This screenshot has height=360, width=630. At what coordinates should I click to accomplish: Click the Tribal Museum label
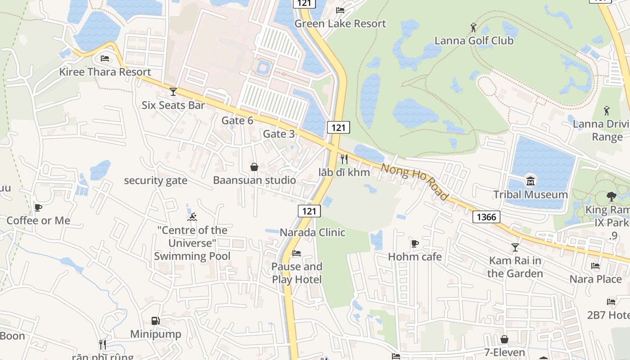tap(531, 194)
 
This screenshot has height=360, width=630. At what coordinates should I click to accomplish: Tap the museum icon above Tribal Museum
tap(531, 182)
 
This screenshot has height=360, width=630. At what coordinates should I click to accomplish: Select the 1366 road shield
tap(486, 217)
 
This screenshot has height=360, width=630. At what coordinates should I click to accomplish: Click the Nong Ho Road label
tap(414, 181)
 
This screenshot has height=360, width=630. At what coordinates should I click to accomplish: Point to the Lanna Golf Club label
tap(473, 40)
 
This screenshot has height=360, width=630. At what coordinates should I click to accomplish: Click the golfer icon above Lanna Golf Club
tap(473, 28)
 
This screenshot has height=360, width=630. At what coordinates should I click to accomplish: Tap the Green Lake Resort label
tap(340, 23)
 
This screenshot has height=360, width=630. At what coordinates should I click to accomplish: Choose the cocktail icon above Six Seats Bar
tap(173, 92)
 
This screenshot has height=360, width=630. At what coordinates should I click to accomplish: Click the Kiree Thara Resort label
tap(105, 72)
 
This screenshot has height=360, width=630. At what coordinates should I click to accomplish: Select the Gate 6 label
tap(237, 121)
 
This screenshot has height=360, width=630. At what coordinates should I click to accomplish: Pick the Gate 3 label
tap(279, 134)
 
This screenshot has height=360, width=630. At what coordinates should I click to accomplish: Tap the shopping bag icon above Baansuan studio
tap(254, 167)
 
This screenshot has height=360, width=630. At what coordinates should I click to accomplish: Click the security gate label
tap(155, 181)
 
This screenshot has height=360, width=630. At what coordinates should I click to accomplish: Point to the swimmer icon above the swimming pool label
tap(192, 217)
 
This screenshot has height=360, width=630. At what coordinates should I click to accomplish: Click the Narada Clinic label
tap(312, 233)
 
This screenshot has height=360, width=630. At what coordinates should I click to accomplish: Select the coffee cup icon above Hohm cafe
tap(414, 244)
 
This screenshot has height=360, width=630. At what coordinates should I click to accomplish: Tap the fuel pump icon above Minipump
tap(155, 321)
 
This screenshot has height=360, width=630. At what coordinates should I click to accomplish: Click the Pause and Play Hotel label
tap(297, 273)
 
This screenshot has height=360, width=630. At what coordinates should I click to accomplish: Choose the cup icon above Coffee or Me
tap(38, 208)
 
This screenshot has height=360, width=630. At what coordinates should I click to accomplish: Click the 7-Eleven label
tap(504, 352)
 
